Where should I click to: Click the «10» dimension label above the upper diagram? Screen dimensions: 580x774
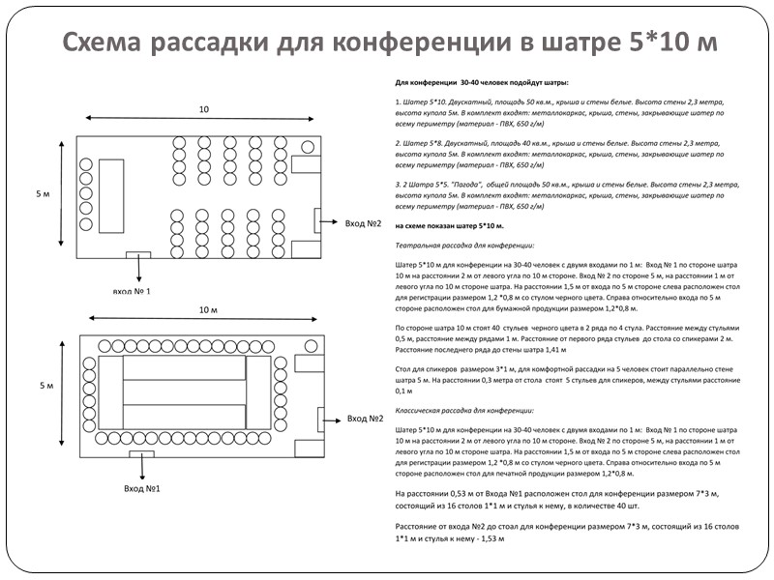click(203, 109)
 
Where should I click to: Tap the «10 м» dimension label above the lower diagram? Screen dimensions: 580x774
click(209, 309)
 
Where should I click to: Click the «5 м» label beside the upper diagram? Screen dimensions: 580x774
click(43, 194)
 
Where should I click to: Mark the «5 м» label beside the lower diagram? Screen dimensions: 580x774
click(46, 386)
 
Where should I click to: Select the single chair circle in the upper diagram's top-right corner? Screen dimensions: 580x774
click(308, 147)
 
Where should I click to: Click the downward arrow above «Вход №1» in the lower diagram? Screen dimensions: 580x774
click(142, 466)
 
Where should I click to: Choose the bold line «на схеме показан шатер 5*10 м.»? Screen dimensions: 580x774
click(450, 225)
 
